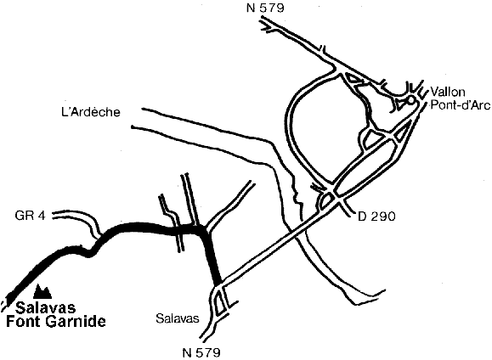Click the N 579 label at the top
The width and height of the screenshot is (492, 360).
(x=265, y=8)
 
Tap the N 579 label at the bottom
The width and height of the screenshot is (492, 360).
(x=201, y=353)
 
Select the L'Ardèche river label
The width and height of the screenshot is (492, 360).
(x=91, y=112)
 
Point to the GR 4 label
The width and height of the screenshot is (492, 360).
(x=30, y=216)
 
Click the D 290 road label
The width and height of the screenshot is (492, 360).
(x=376, y=217)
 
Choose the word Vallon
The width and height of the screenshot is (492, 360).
(x=448, y=92)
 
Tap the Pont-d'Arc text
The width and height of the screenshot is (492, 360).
(x=460, y=105)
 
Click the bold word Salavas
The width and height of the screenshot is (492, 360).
(x=46, y=307)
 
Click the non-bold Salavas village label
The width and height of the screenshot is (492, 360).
(x=178, y=318)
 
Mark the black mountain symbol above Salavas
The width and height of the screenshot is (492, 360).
(x=42, y=291)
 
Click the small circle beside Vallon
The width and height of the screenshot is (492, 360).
(x=410, y=100)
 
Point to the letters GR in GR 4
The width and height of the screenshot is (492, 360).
(x=24, y=216)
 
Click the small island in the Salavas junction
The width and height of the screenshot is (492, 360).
(x=219, y=301)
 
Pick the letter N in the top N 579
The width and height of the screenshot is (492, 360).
(x=251, y=8)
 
